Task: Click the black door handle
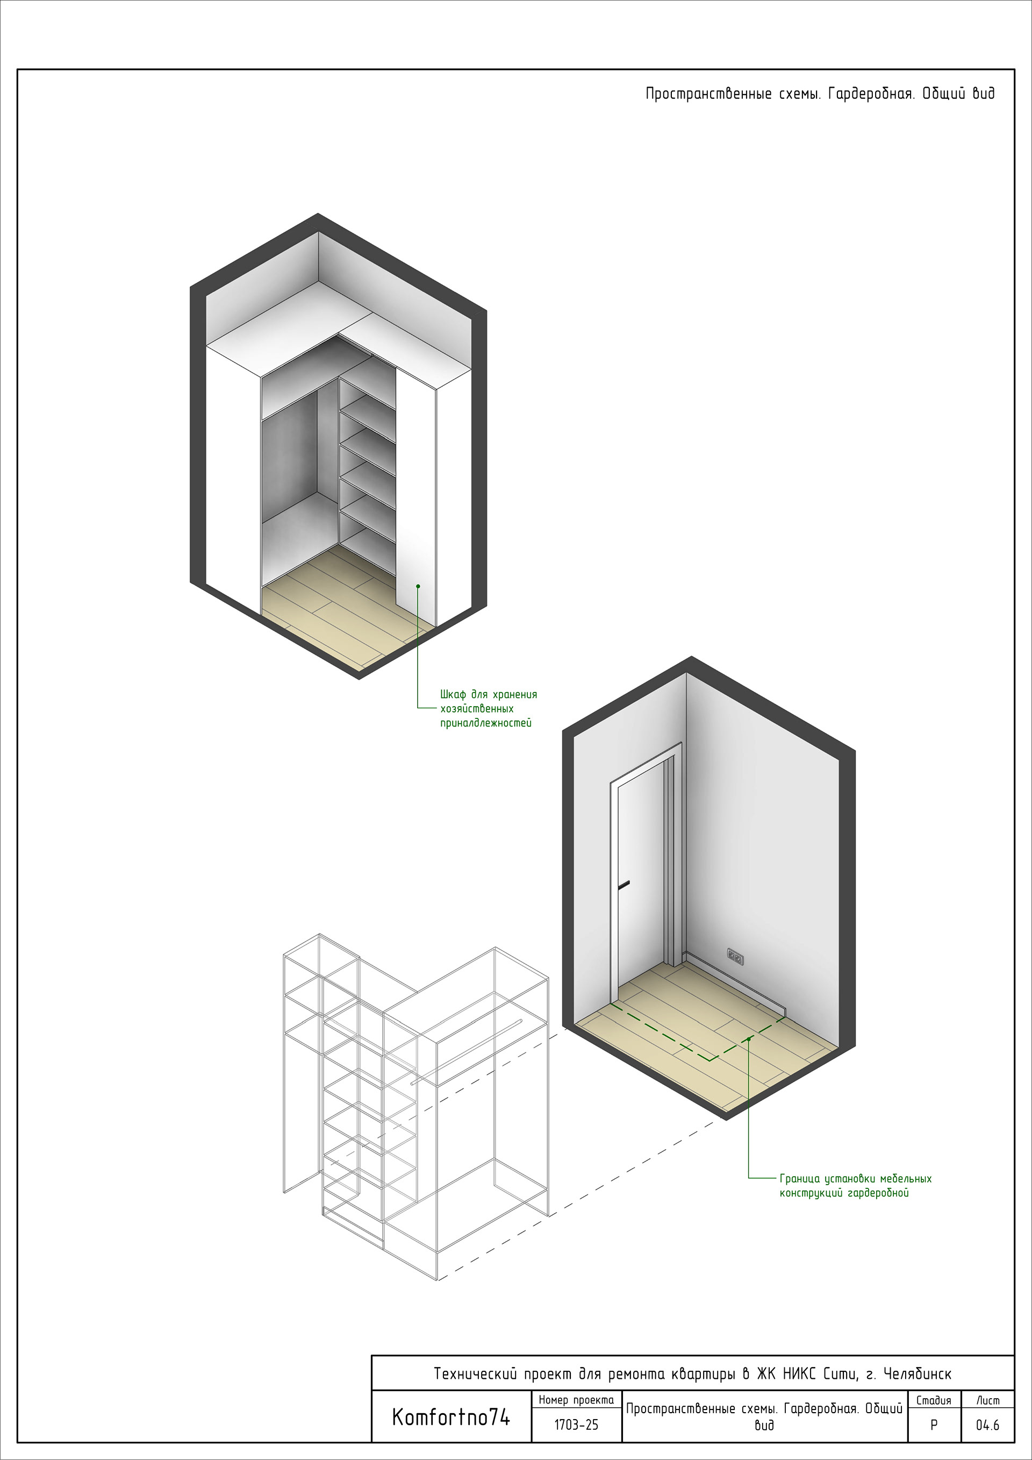click(x=623, y=884)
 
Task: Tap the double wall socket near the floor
click(x=735, y=956)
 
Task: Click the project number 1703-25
click(x=576, y=1425)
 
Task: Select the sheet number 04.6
click(x=987, y=1425)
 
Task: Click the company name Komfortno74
click(x=451, y=1417)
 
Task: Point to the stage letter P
click(x=934, y=1425)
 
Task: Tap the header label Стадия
click(x=934, y=1400)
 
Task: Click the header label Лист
click(x=987, y=1400)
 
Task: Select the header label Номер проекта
click(x=576, y=1400)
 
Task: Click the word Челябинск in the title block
click(x=918, y=1373)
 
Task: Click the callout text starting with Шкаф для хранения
click(x=489, y=708)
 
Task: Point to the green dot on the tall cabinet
click(x=418, y=586)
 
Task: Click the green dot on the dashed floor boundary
click(x=749, y=1038)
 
